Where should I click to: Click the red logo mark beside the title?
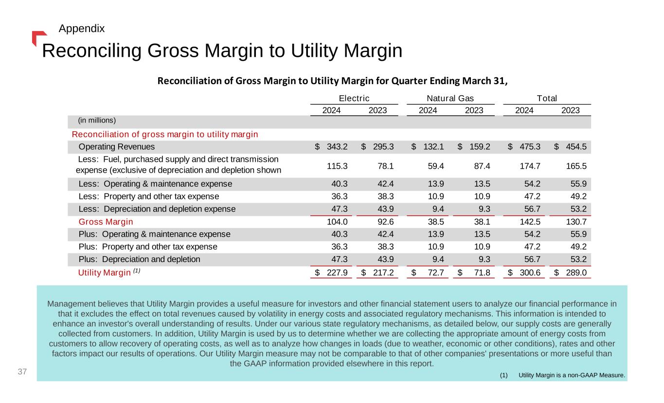click(38, 37)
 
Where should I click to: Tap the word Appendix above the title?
click(81, 29)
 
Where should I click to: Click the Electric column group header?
click(354, 98)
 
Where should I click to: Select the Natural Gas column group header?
click(450, 98)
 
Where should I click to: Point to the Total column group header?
click(547, 98)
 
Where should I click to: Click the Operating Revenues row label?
click(117, 147)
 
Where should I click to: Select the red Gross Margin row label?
click(106, 222)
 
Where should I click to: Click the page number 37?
click(21, 372)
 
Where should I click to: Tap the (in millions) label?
click(97, 120)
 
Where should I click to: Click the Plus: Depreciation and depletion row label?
click(139, 259)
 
